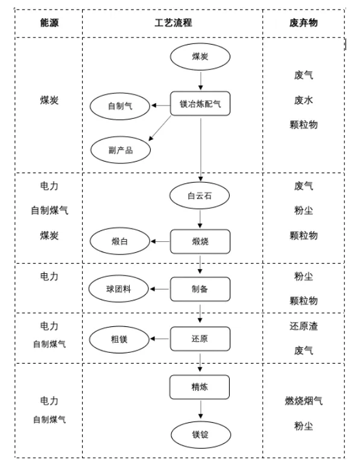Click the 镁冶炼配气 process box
200,104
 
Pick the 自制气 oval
120,106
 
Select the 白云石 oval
200,196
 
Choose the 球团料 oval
120,289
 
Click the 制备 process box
200,289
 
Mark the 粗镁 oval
120,339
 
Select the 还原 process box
200,339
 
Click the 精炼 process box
200,387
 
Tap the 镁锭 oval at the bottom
200,434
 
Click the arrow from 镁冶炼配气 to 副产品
161,128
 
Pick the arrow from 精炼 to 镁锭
200,410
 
